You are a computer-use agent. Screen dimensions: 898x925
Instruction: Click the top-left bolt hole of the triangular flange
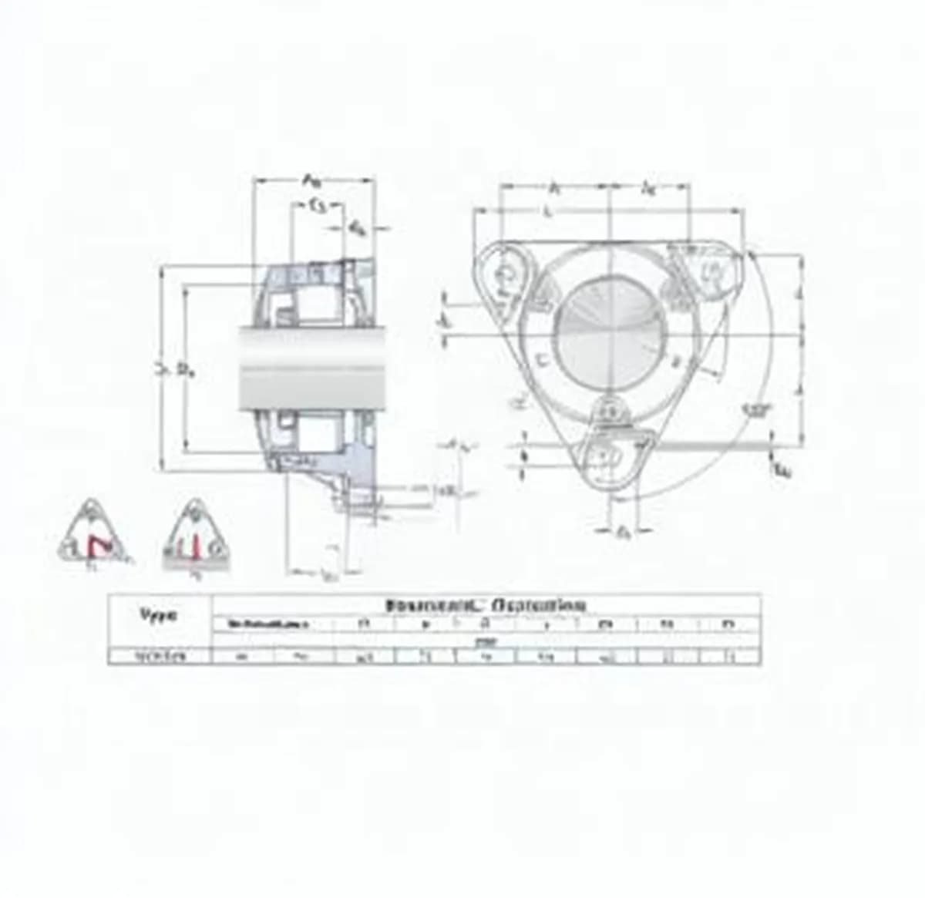click(506, 274)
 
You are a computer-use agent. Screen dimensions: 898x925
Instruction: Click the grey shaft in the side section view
click(313, 366)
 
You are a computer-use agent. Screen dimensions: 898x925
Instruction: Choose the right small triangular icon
click(197, 535)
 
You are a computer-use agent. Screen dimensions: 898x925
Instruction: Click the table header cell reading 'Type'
click(158, 615)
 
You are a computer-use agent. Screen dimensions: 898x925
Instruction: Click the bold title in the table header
click(486, 605)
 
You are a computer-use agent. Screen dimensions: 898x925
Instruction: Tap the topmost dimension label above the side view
click(311, 182)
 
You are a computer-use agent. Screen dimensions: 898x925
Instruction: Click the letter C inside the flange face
click(540, 359)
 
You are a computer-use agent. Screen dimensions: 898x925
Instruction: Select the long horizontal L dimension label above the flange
click(547, 211)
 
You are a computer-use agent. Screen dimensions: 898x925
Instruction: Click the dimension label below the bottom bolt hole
click(624, 532)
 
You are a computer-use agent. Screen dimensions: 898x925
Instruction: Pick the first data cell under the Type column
click(160, 657)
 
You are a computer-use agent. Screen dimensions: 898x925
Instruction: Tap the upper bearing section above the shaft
click(316, 293)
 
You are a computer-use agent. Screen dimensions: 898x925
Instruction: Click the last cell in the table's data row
click(730, 657)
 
